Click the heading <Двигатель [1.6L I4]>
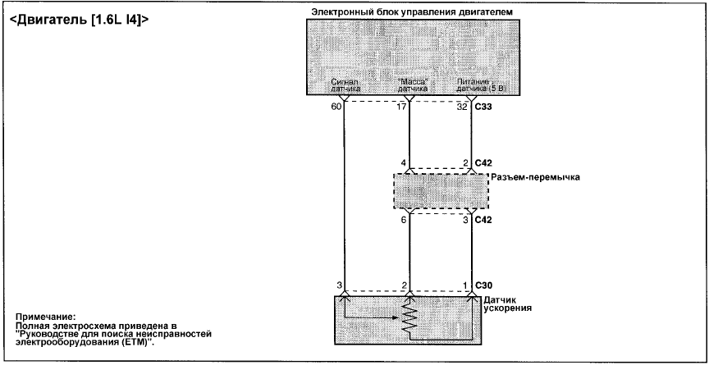(x=79, y=21)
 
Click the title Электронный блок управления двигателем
(x=412, y=12)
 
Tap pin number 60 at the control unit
(x=336, y=107)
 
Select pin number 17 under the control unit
(x=401, y=107)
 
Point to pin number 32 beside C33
(x=463, y=107)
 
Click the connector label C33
(x=483, y=107)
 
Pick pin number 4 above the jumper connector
(x=403, y=162)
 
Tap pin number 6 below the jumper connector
(x=404, y=220)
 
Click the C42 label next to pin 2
(x=483, y=162)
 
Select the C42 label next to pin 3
(x=483, y=220)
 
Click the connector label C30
(x=483, y=285)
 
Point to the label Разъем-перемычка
(x=535, y=177)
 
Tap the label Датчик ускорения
(x=507, y=304)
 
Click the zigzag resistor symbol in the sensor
(x=409, y=318)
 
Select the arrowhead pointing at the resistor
(x=398, y=317)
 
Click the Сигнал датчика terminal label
(x=345, y=86)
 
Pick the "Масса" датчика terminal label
(x=412, y=86)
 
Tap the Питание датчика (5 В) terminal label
(x=481, y=86)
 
